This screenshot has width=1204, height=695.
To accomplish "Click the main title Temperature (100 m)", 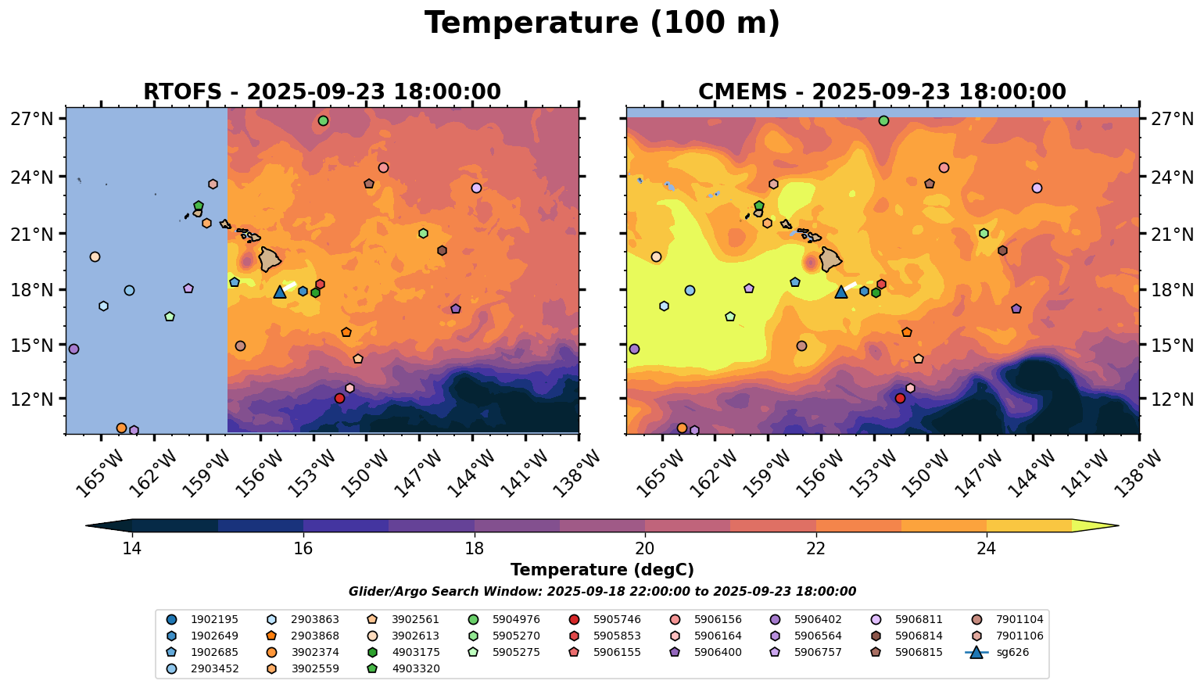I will pyautogui.click(x=602, y=23).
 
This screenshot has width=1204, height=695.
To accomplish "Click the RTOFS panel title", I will pyautogui.click(x=321, y=92).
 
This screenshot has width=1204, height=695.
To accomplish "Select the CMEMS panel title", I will pyautogui.click(x=882, y=92).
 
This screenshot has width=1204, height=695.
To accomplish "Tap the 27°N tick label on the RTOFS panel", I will pyautogui.click(x=32, y=120).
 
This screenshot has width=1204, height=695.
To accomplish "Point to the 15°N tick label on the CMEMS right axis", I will pyautogui.click(x=1171, y=346).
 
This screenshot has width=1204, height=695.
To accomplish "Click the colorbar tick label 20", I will pyautogui.click(x=645, y=549).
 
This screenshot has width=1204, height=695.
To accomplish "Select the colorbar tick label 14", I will pyautogui.click(x=132, y=549).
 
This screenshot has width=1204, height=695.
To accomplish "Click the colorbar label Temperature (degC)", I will pyautogui.click(x=602, y=570).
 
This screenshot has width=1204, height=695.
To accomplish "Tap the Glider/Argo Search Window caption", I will pyautogui.click(x=602, y=592).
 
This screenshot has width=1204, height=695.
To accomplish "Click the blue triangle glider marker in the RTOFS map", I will pyautogui.click(x=280, y=292).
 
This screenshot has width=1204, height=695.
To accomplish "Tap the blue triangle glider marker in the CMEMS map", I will pyautogui.click(x=841, y=292).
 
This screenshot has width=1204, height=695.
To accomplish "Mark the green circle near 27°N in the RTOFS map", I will pyautogui.click(x=323, y=120).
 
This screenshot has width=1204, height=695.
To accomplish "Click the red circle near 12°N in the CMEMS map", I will pyautogui.click(x=900, y=398).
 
